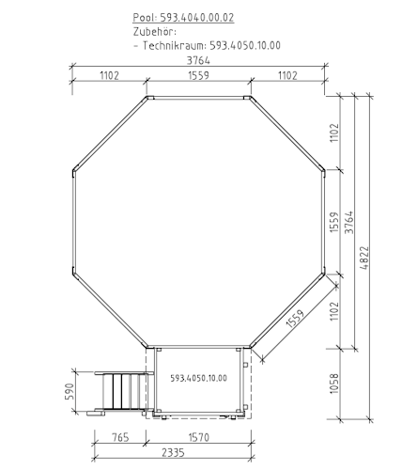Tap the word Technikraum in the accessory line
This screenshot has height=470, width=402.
tap(176, 44)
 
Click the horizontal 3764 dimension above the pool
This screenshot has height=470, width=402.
tap(198, 60)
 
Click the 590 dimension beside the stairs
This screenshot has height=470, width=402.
tap(69, 391)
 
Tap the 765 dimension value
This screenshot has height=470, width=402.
tap(119, 436)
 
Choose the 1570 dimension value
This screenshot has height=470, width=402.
tap(196, 436)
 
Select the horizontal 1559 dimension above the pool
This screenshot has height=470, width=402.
tap(198, 76)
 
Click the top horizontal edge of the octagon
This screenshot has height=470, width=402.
tap(198, 96)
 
